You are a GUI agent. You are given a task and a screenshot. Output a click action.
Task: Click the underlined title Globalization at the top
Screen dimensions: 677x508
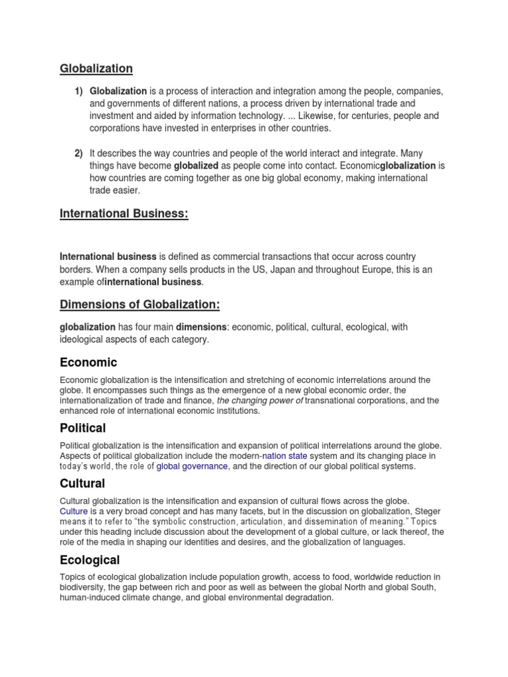pos(96,68)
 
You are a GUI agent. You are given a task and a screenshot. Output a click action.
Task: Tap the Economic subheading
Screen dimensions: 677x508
pos(88,362)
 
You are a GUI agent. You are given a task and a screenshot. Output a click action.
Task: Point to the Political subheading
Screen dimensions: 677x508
pos(83,428)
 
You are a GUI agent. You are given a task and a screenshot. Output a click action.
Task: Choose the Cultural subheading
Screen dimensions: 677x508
pos(83,484)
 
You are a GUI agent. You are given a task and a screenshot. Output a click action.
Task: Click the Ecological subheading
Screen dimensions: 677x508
pos(90,560)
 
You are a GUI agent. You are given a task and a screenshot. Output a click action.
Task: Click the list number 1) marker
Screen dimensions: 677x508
pos(78,91)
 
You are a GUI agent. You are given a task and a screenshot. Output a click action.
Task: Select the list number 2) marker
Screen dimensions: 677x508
pos(78,153)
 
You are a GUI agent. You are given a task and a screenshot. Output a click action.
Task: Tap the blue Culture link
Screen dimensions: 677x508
pos(73,511)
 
